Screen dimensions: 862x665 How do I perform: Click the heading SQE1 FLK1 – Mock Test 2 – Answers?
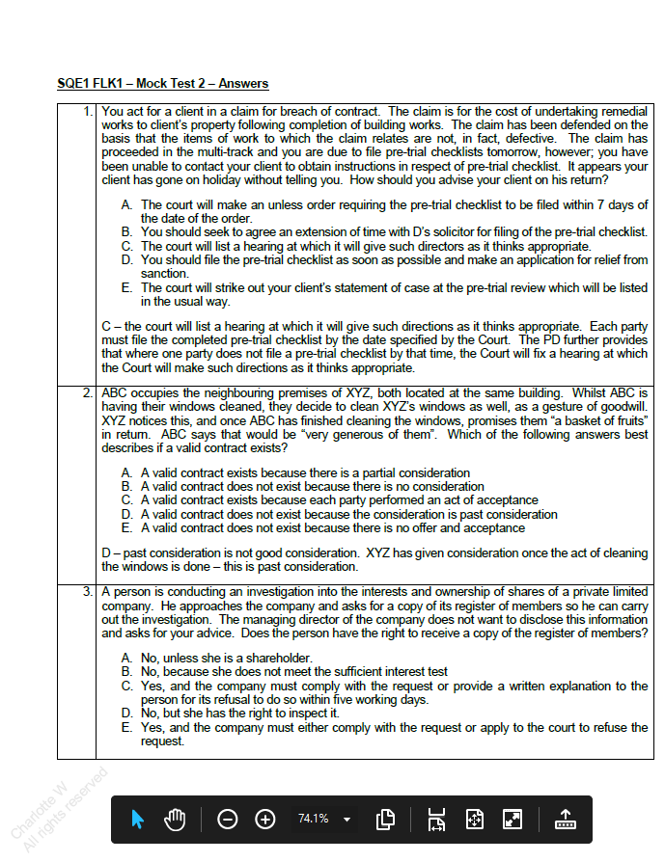tap(162, 84)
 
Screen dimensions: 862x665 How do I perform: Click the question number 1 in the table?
tap(88, 112)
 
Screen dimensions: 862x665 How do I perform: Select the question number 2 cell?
tap(88, 393)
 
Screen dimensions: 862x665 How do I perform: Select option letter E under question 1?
tap(126, 288)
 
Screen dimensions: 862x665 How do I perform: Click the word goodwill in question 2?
tap(623, 407)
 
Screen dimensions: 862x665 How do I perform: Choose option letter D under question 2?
tap(126, 514)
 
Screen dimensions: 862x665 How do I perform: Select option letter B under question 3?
tap(126, 671)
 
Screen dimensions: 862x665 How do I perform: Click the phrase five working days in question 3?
tap(382, 699)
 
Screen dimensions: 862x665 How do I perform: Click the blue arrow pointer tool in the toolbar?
tap(137, 819)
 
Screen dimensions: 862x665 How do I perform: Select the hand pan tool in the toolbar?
tap(174, 819)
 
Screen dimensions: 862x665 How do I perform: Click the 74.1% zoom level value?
tap(313, 819)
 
